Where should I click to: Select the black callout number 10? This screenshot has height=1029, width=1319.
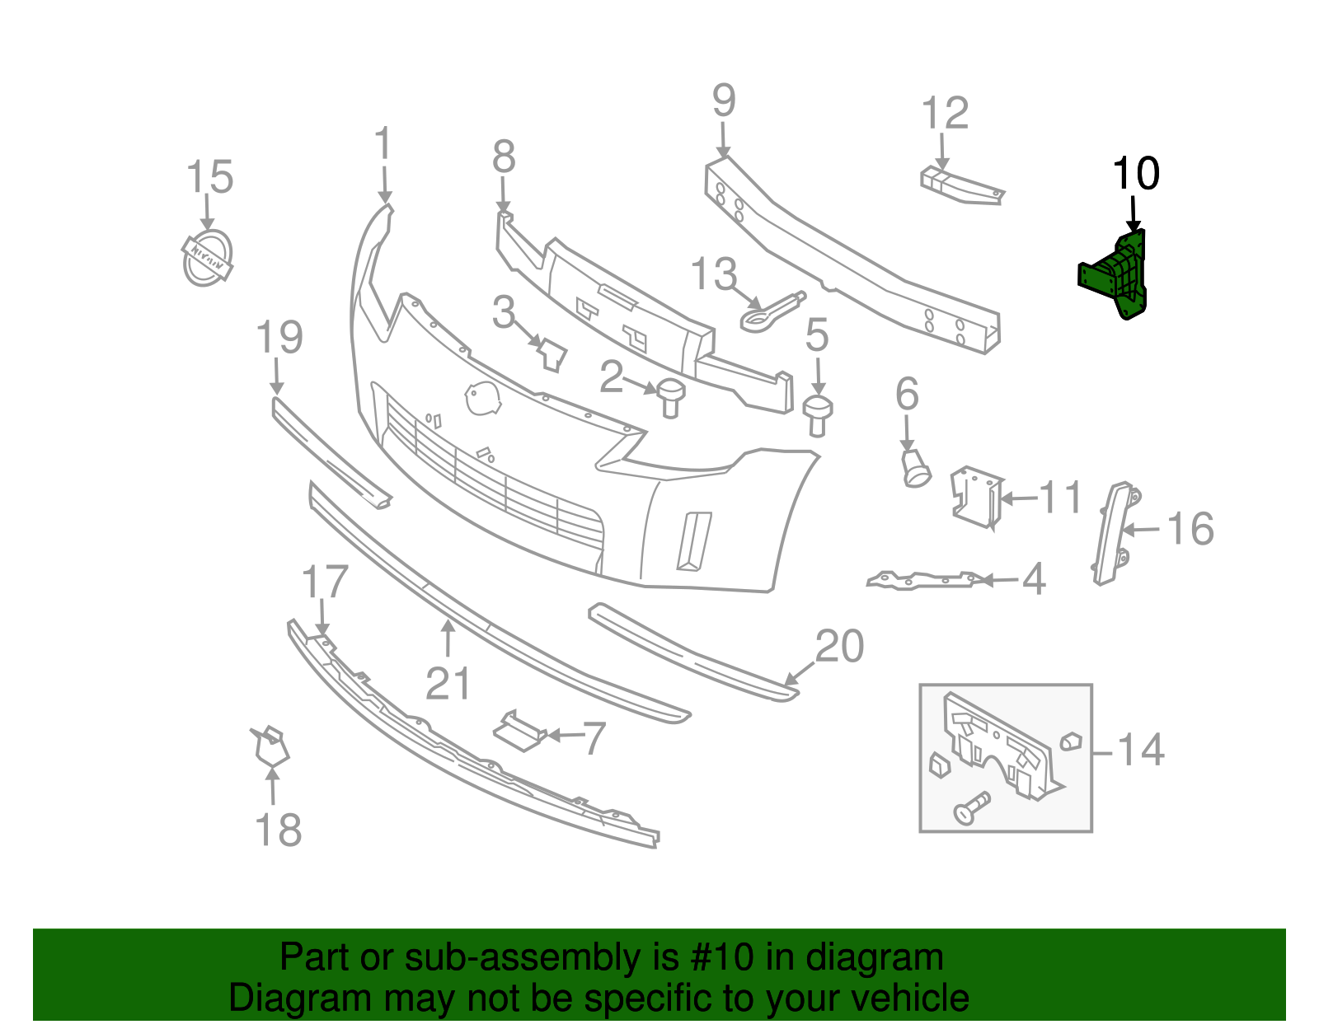coord(1135,174)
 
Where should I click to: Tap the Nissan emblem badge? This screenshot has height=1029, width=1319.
coord(206,258)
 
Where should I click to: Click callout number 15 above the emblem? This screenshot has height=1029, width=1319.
coord(209,177)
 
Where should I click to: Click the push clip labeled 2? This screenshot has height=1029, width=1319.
coord(670,397)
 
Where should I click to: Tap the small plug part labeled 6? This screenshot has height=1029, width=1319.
coord(914,468)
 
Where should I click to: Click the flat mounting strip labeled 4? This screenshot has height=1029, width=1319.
coord(923,580)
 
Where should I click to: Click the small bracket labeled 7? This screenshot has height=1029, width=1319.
coord(518,732)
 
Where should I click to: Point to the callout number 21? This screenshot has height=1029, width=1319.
coord(448,684)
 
